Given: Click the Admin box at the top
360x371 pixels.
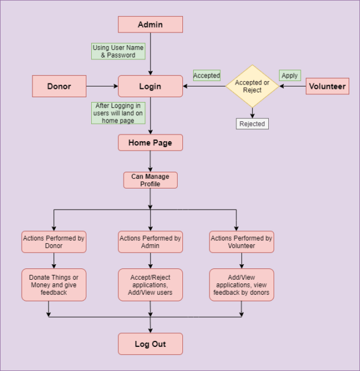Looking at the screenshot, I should [x=150, y=25].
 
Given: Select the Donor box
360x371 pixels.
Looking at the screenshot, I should [x=59, y=86].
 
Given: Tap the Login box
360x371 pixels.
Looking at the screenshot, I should [x=150, y=86].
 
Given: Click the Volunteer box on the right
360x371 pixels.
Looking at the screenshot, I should [x=327, y=86].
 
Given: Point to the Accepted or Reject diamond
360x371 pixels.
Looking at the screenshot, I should [x=252, y=86].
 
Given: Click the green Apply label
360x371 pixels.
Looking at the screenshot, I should [x=289, y=76].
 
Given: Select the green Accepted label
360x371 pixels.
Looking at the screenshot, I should [x=206, y=76].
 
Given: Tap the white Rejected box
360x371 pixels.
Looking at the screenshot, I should [x=252, y=124].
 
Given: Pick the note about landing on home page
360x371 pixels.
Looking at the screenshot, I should [x=118, y=113].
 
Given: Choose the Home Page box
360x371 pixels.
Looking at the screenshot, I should [x=150, y=143].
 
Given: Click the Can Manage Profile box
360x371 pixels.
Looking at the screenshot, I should [x=150, y=180].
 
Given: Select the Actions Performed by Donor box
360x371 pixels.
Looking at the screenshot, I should [x=54, y=242].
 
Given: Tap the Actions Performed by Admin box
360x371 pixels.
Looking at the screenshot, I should [x=150, y=242].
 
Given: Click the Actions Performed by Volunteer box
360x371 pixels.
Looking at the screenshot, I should [x=241, y=242].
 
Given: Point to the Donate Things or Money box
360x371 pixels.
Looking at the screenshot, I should [x=54, y=285].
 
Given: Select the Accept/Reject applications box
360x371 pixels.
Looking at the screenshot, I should [x=150, y=285].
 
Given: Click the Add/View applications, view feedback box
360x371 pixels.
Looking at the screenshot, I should [x=241, y=285].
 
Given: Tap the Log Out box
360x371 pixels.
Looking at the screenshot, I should [x=150, y=344].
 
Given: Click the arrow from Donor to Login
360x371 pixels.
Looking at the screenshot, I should [x=102, y=86].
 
